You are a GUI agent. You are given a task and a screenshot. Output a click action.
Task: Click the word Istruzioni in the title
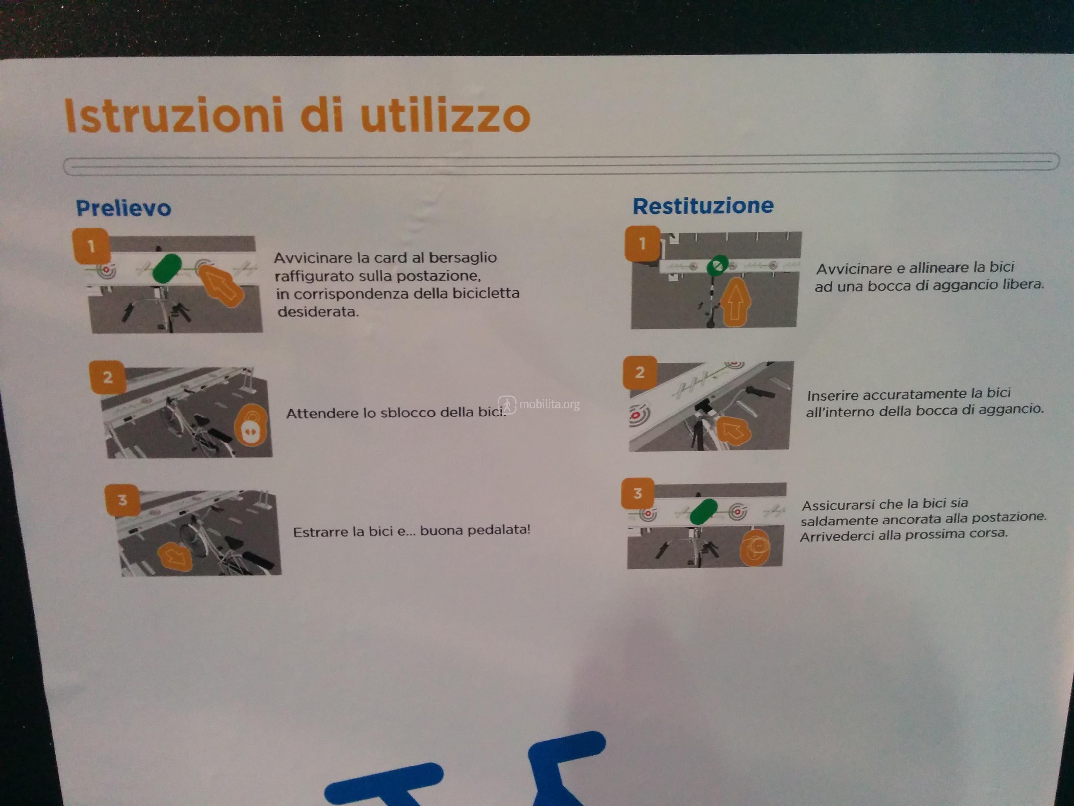(x=173, y=115)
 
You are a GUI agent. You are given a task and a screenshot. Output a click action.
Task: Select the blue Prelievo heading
(x=124, y=208)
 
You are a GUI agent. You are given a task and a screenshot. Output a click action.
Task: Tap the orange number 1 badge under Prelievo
(x=91, y=246)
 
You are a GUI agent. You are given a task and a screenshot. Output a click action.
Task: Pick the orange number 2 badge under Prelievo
(x=108, y=377)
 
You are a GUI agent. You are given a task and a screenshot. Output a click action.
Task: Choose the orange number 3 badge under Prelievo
(x=122, y=500)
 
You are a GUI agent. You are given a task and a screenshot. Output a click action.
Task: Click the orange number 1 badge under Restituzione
(x=642, y=243)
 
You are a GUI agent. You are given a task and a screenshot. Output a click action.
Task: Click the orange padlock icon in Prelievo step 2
(x=250, y=426)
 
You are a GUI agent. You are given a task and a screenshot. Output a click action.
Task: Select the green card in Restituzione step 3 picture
(x=703, y=512)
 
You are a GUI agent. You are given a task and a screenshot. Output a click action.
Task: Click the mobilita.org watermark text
(x=549, y=404)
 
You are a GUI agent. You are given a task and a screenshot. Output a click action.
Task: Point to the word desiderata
(x=318, y=312)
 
